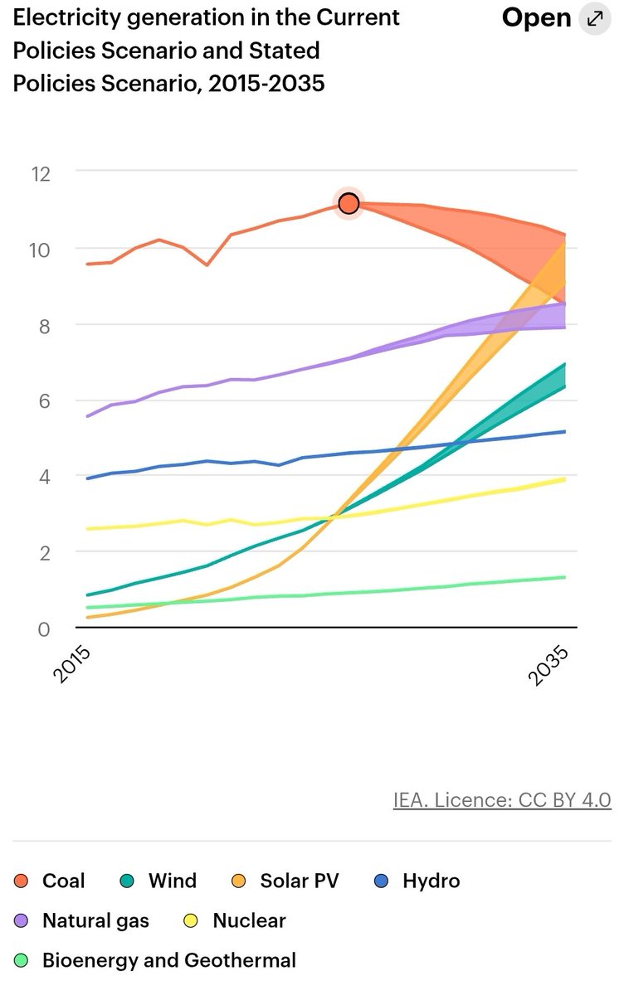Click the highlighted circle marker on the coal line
tap(348, 203)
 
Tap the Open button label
tap(536, 18)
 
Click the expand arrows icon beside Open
tap(594, 18)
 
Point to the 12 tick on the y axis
tap(40, 173)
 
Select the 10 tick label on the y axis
tap(40, 250)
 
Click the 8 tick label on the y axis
tap(43, 325)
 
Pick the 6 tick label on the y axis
tap(43, 400)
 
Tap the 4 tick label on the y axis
tap(43, 477)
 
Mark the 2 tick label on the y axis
tap(43, 552)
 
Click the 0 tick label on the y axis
tap(43, 628)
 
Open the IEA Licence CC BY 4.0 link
tap(502, 799)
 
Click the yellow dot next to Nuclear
tap(188, 921)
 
